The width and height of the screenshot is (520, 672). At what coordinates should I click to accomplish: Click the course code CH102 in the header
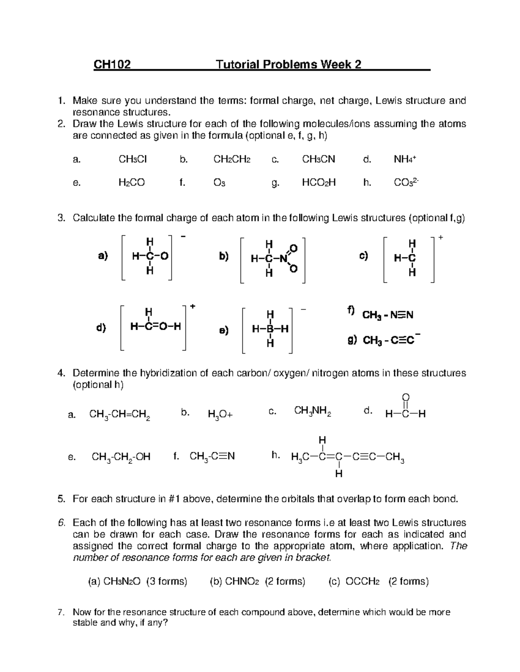click(x=112, y=65)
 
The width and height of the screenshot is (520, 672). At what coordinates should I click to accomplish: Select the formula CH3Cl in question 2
click(x=133, y=160)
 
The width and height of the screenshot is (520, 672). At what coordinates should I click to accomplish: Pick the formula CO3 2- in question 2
click(x=406, y=183)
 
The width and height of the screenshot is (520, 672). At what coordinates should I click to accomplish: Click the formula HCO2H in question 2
click(x=318, y=183)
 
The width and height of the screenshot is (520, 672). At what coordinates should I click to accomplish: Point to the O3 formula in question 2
click(x=219, y=183)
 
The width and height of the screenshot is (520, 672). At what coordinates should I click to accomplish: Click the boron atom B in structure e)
click(x=270, y=329)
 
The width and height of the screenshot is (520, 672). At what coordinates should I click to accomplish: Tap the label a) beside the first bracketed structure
click(x=103, y=256)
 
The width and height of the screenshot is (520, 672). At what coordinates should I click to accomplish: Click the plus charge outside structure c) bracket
click(x=441, y=238)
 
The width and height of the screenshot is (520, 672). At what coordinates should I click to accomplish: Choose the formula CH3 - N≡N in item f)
click(x=387, y=315)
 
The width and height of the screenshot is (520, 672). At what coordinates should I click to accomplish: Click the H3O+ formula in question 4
click(x=220, y=415)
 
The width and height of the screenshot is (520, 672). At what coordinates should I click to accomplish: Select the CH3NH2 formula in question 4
click(x=312, y=411)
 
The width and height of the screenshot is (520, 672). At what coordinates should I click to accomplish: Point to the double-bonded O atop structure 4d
click(x=406, y=397)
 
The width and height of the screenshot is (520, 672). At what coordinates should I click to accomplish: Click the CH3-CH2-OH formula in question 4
click(x=121, y=457)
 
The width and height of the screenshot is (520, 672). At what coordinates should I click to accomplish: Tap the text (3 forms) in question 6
click(x=166, y=581)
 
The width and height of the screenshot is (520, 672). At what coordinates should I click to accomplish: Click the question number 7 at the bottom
click(x=62, y=612)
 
